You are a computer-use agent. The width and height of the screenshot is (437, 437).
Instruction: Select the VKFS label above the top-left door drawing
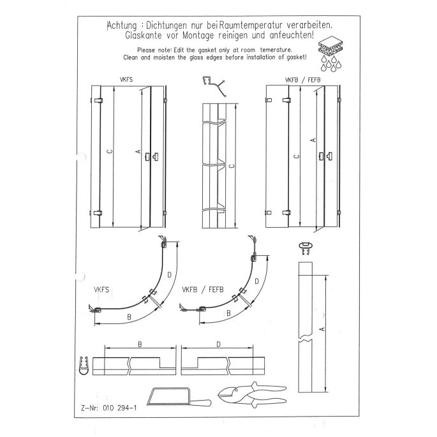[126, 80]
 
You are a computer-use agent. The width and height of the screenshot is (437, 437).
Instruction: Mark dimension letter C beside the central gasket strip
[231, 165]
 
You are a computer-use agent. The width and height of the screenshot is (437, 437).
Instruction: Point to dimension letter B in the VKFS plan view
[129, 317]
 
